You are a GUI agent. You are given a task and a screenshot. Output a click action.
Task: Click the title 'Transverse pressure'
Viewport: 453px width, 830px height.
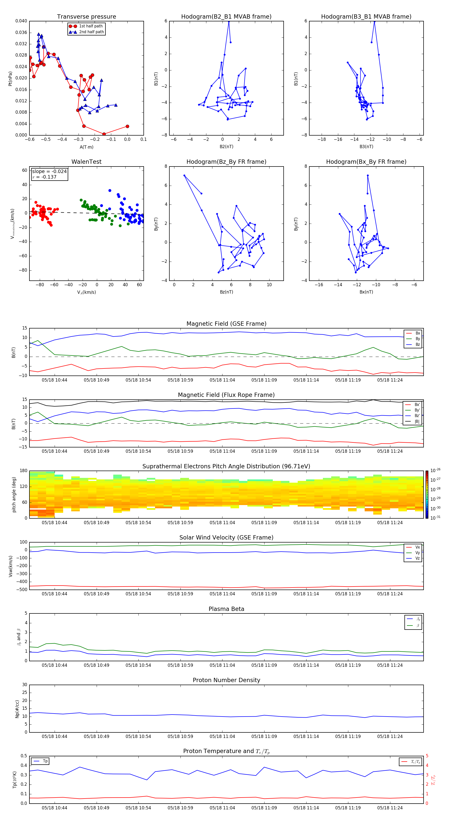pyautogui.click(x=86, y=17)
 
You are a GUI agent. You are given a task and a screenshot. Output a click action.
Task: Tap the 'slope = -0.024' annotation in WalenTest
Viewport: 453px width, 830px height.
pyautogui.click(x=49, y=172)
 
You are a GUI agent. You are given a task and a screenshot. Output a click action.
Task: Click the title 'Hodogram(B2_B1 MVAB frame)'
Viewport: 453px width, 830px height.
pyautogui.click(x=226, y=17)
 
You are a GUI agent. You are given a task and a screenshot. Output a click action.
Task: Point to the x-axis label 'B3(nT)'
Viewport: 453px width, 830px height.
pyautogui.click(x=366, y=147)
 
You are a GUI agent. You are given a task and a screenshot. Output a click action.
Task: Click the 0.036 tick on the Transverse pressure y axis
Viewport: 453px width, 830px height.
pyautogui.click(x=21, y=32)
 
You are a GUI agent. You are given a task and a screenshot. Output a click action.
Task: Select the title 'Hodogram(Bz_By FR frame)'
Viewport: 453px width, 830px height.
pyautogui.click(x=226, y=162)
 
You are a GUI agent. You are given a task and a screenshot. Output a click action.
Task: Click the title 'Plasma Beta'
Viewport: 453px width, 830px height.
pyautogui.click(x=226, y=609)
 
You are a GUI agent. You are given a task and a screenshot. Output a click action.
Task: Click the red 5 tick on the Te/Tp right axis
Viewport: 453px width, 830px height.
pyautogui.click(x=427, y=756)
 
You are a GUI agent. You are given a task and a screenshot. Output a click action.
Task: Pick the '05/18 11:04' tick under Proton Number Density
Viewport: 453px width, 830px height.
pyautogui.click(x=222, y=736)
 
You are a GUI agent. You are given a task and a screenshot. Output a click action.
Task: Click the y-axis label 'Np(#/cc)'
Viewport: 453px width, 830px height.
pyautogui.click(x=17, y=709)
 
